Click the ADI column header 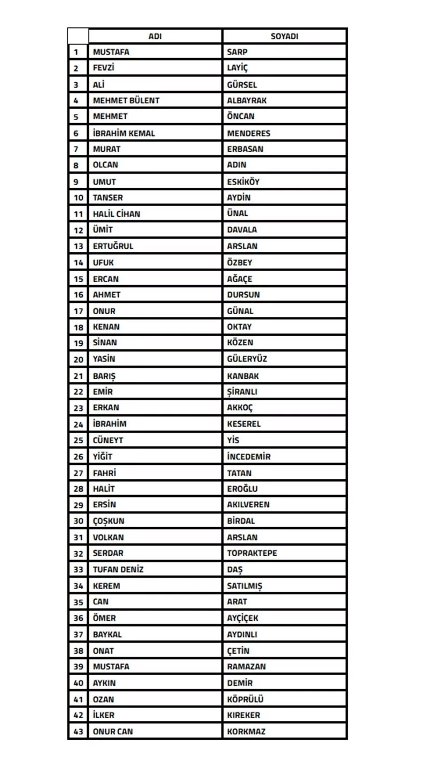pos(155,36)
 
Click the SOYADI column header pos(284,36)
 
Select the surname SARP pos(237,52)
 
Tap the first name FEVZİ pos(104,68)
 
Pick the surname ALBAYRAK pos(247,101)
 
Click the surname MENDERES pos(248,133)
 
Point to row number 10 pos(78,197)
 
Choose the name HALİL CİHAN pos(117,214)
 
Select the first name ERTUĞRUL pos(113,246)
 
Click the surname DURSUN pos(243,295)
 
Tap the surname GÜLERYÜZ pos(247,359)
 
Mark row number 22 pos(78,392)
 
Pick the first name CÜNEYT pos(108,440)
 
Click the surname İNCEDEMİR pos(249,457)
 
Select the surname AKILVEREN pos(248,505)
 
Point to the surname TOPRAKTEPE pos(252,553)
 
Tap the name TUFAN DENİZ pos(118,569)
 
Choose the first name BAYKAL pos(107,634)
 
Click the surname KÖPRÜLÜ pos(245,699)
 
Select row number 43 pos(78,732)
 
